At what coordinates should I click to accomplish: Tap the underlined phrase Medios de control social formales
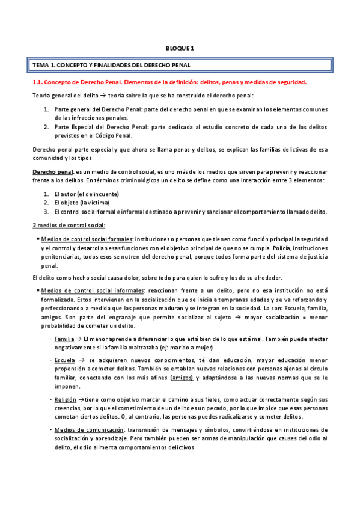pos(87,239)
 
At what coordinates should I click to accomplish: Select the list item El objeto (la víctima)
pos(83,203)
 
